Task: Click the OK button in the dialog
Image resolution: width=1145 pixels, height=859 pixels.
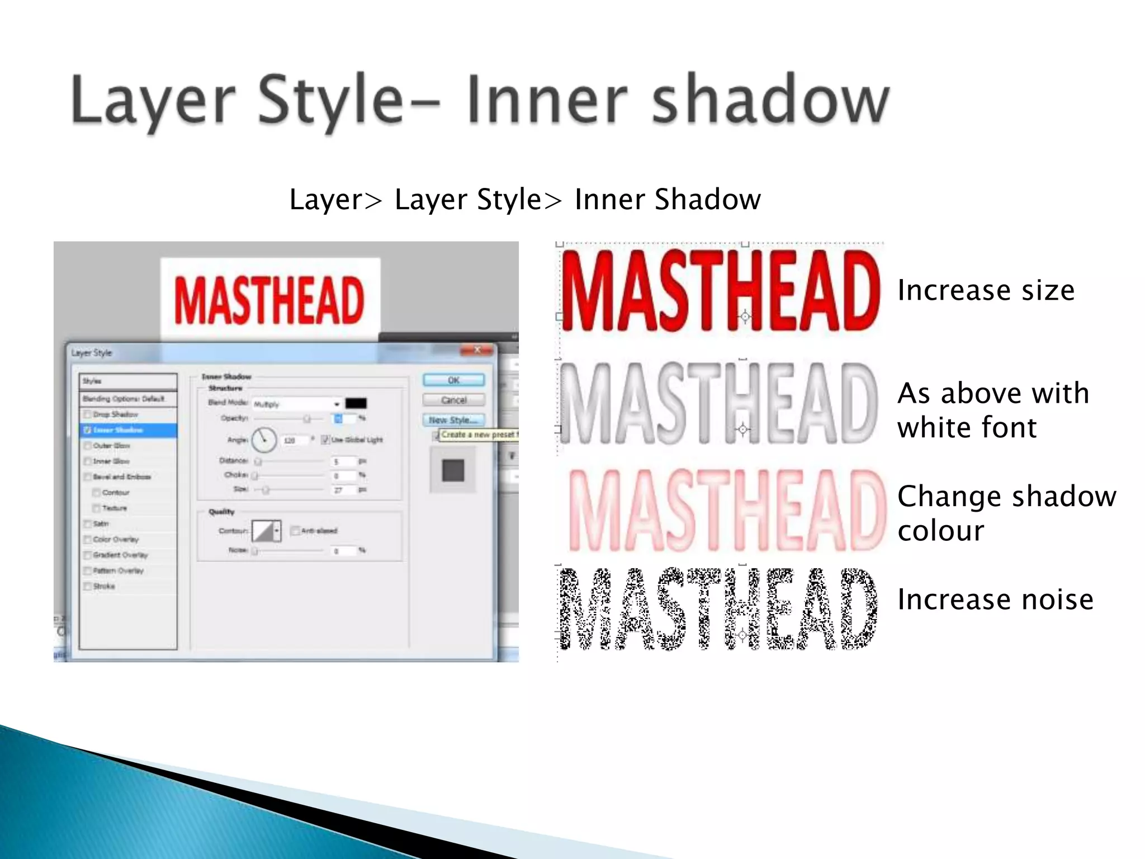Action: (453, 380)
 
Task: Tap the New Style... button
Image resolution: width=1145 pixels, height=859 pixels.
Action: (453, 420)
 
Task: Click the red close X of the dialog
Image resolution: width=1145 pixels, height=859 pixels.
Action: (477, 350)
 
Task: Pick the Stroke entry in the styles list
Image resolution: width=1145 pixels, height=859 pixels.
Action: (104, 586)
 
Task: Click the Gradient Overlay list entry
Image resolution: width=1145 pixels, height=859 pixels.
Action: (120, 555)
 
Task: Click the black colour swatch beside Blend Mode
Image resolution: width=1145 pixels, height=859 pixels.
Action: (356, 403)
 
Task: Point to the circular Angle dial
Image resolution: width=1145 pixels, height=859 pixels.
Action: (264, 440)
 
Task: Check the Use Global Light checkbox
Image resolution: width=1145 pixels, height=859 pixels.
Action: (325, 440)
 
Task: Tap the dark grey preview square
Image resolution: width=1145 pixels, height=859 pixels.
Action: (453, 470)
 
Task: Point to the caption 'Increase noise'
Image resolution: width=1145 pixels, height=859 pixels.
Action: (995, 600)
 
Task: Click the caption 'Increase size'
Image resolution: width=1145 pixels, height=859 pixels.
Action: (986, 290)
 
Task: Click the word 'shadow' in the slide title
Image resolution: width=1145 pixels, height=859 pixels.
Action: (770, 101)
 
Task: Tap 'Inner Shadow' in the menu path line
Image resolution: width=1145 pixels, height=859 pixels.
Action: (668, 199)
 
